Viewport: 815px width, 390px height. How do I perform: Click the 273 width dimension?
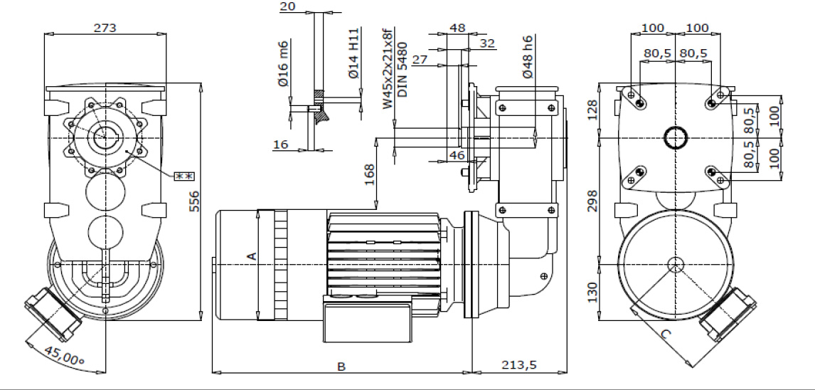pyautogui.click(x=105, y=28)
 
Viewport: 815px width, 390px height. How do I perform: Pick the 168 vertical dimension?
pyautogui.click(x=370, y=174)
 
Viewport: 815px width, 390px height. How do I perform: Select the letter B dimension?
pyautogui.click(x=341, y=367)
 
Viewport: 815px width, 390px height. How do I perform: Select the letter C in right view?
pyautogui.click(x=666, y=332)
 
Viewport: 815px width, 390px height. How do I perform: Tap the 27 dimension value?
pyautogui.click(x=420, y=60)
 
